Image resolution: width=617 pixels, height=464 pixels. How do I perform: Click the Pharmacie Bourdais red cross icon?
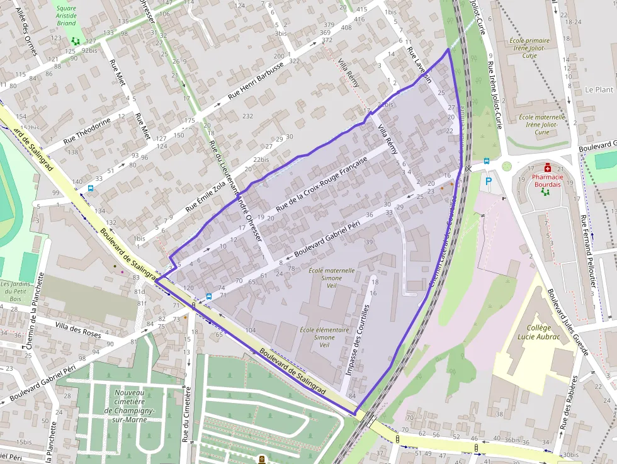(548, 168)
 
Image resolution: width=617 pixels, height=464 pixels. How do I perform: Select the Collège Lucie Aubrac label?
(533, 332)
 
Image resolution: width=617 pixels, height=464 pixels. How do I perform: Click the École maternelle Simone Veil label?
(332, 278)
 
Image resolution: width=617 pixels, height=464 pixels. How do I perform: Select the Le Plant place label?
(598, 89)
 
